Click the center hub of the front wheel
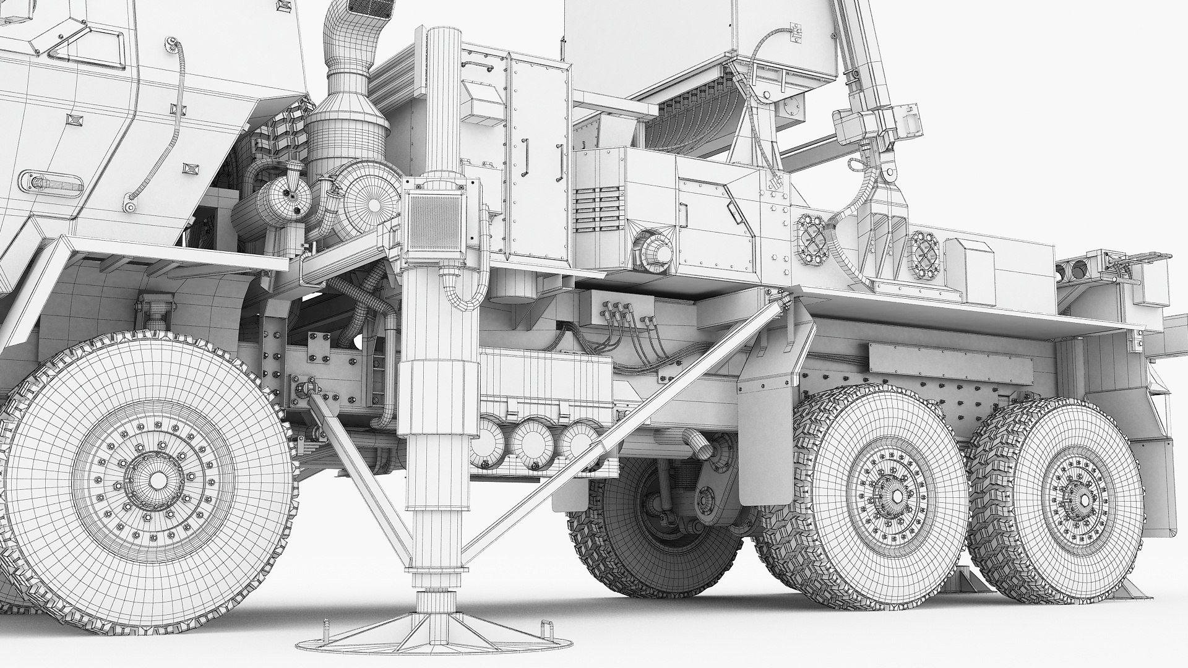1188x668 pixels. (158, 479)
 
